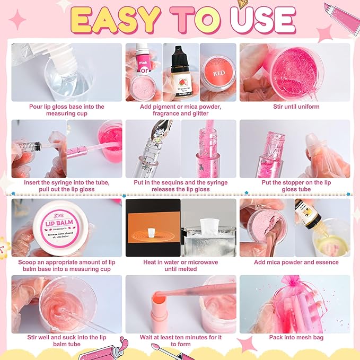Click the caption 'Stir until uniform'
pos(294,107)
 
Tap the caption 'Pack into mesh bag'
pos(294,337)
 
